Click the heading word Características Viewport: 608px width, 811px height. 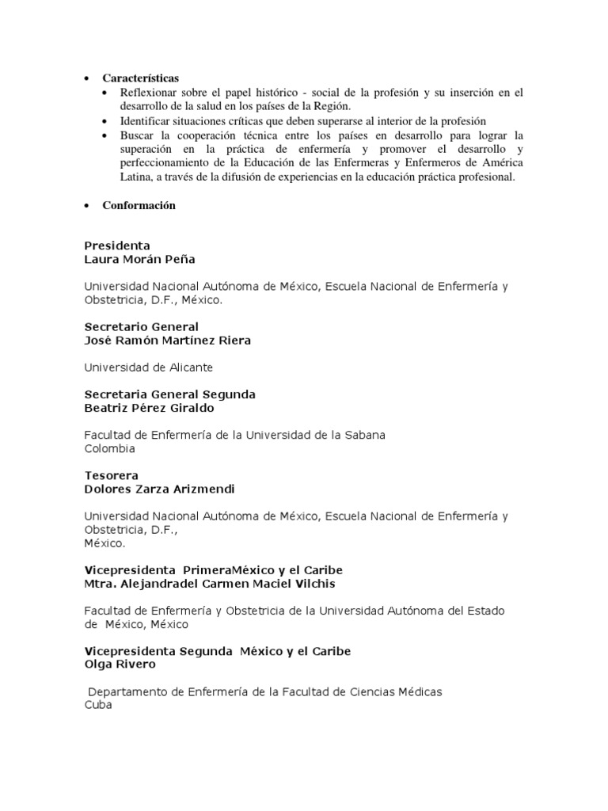pyautogui.click(x=141, y=78)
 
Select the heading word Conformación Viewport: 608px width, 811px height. pyautogui.click(x=139, y=206)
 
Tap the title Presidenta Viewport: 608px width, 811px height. pyautogui.click(x=117, y=246)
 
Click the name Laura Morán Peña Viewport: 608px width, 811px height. pyautogui.click(x=139, y=259)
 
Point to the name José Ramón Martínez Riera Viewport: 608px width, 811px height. pyautogui.click(x=167, y=341)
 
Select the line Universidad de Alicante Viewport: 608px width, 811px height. pyautogui.click(x=149, y=367)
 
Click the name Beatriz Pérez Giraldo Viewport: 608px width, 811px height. pyautogui.click(x=149, y=408)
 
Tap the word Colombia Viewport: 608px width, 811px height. pyautogui.click(x=109, y=448)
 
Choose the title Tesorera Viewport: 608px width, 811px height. pyautogui.click(x=111, y=476)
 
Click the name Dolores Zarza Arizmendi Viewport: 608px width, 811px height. pyautogui.click(x=159, y=489)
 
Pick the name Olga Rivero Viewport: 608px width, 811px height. pyautogui.click(x=120, y=664)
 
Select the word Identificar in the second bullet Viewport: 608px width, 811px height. pyautogui.click(x=144, y=121)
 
